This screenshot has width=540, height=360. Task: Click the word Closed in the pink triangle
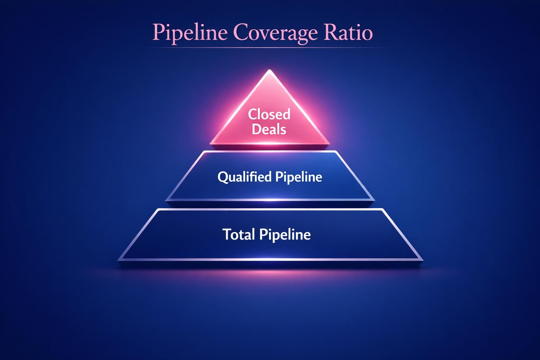click(x=269, y=114)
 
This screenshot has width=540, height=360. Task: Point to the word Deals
click(x=269, y=129)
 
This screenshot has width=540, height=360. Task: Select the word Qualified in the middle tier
click(x=244, y=176)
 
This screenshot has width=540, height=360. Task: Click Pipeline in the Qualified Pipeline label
click(x=298, y=177)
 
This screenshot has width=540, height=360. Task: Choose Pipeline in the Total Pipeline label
click(x=285, y=234)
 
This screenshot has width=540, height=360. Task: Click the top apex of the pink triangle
click(x=269, y=70)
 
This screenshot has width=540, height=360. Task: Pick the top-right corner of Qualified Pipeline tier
click(x=335, y=152)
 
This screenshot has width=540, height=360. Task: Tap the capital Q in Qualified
click(x=222, y=177)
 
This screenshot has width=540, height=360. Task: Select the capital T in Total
click(x=227, y=234)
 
